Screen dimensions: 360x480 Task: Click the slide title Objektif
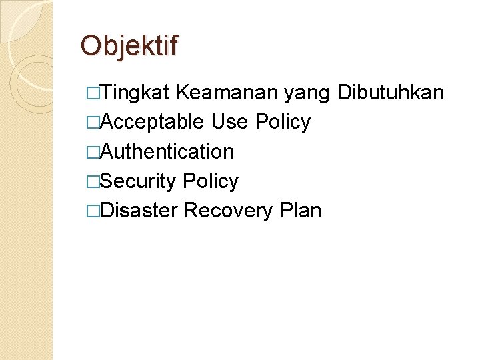129,46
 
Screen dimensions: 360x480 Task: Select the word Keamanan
229,93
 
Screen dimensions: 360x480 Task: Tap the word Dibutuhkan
391,93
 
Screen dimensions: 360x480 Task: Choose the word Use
230,122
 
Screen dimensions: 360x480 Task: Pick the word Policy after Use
283,123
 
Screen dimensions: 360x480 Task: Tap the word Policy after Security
210,181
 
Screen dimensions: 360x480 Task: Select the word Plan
301,211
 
